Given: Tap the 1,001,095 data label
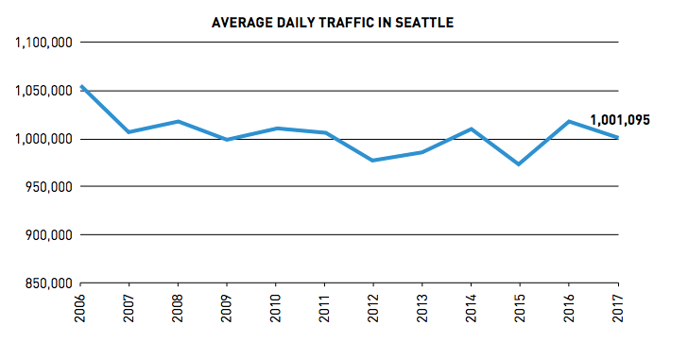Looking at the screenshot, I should [620, 120].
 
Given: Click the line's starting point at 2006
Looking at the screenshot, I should [81, 86].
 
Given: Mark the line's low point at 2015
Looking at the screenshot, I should [520, 164].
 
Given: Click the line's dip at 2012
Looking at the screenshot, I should [373, 161].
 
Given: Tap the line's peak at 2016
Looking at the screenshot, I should [569, 121].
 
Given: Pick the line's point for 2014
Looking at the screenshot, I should [472, 129].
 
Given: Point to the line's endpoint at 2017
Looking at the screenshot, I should [617, 138].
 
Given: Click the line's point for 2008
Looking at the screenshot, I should [179, 121].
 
